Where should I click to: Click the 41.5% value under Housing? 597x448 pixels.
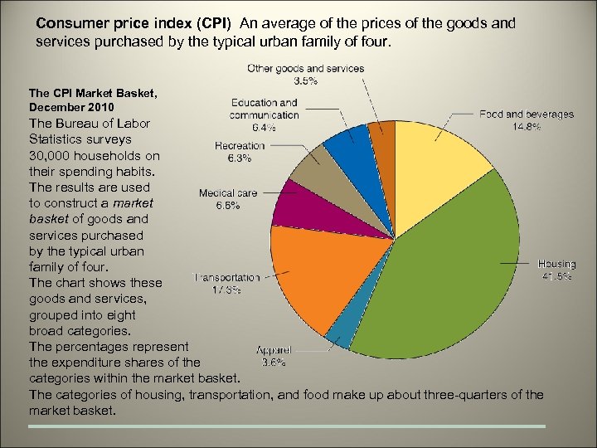click(556, 277)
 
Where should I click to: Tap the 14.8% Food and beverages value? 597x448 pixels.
click(527, 127)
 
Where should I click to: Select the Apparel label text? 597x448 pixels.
click(273, 350)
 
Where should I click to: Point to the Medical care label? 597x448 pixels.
click(228, 193)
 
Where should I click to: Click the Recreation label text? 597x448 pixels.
click(239, 146)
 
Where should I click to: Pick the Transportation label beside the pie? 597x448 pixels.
click(226, 278)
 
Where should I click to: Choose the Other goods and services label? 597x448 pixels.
click(306, 68)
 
